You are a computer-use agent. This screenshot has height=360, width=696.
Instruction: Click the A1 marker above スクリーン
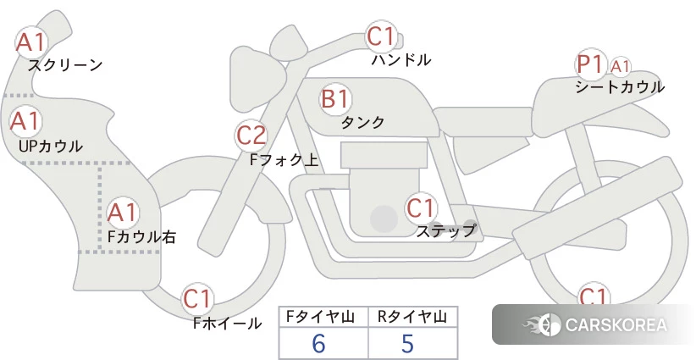pos(31,42)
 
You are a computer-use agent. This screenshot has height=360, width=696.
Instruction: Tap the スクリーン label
pos(65,65)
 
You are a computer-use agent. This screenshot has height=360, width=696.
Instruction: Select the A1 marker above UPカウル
pos(25,122)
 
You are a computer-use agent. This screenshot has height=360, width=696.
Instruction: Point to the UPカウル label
pos(51,146)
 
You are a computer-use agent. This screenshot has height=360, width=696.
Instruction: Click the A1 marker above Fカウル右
pos(123,213)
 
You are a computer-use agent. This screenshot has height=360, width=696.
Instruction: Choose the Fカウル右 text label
pos(141,236)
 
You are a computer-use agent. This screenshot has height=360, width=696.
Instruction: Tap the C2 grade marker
pos(251,136)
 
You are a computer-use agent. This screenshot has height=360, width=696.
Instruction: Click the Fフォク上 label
pos(284,159)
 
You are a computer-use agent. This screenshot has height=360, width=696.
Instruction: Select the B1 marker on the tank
pos(335,99)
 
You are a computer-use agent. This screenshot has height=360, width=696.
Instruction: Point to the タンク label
pos(362,122)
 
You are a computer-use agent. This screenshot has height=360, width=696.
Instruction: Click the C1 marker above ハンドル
pos(381,36)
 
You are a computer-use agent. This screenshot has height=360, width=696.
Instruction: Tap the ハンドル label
pos(400,59)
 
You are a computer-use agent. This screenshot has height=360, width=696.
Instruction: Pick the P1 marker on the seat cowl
pos(591,65)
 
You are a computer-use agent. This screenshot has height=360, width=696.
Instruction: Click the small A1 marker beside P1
pos(620,67)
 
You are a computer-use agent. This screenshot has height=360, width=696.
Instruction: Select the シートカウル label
pos(620,86)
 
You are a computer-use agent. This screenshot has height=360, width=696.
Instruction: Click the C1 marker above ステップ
pos(421,208)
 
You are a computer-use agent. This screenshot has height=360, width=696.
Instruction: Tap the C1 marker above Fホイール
pos(197,299)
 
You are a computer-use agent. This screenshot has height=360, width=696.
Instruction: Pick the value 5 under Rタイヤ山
pos(407,343)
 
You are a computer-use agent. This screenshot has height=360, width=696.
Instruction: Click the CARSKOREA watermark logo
pos(594,324)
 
